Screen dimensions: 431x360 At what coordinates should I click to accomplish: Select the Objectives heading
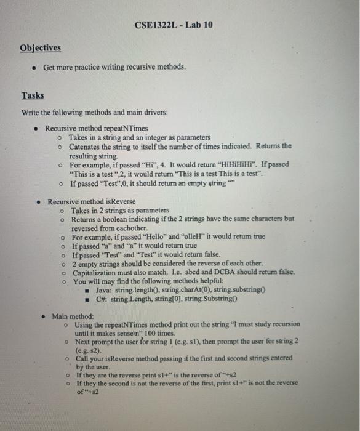click(x=40, y=47)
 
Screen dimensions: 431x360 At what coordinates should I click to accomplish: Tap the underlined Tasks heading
click(x=33, y=95)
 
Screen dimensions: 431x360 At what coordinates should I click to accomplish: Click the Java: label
click(x=106, y=290)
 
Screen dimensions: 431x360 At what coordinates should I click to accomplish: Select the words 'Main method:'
click(x=73, y=316)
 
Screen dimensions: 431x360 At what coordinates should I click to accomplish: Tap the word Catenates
click(x=89, y=147)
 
